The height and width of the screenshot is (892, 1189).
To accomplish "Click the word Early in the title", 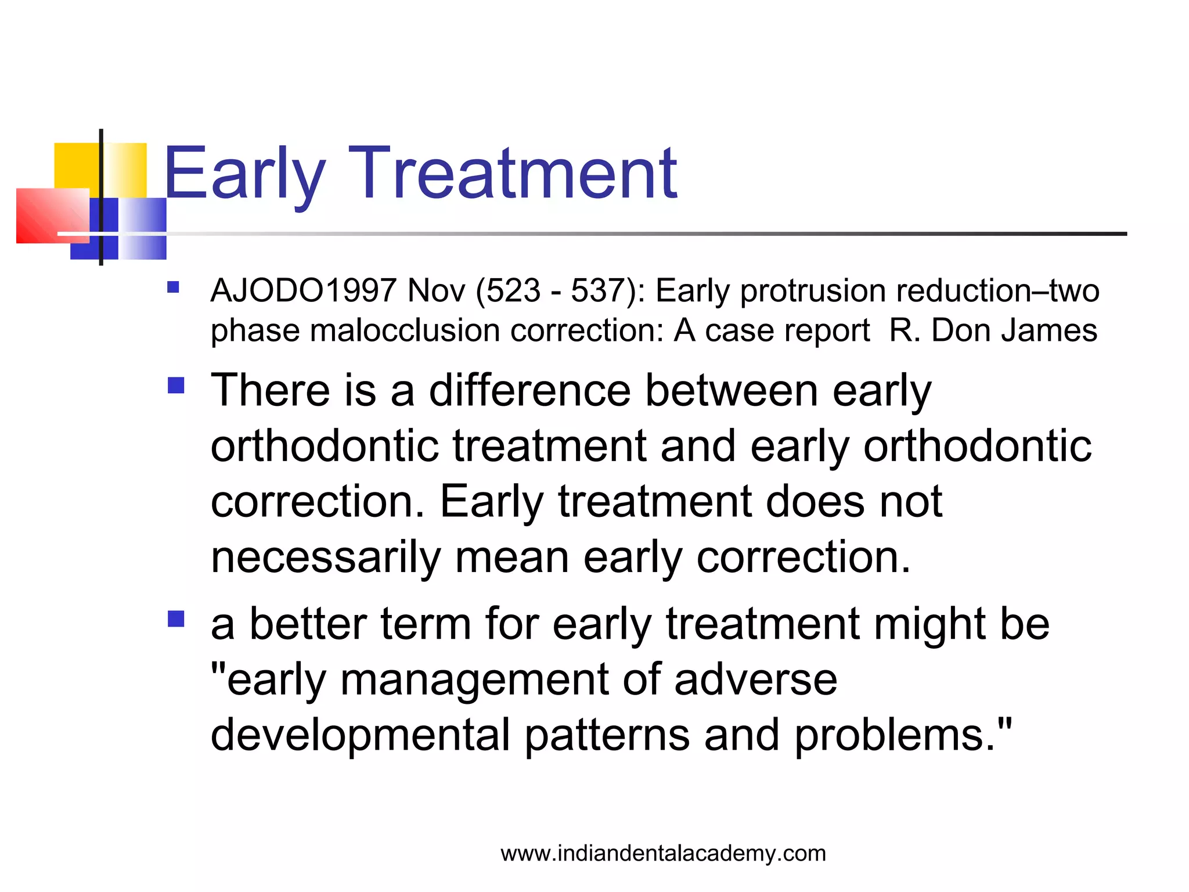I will pos(244,174).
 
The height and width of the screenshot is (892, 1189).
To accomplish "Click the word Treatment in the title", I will pos(513,174).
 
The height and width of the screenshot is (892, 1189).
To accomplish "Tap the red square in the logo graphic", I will pos(49,216).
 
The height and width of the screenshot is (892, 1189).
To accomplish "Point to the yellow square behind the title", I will pos(75,166).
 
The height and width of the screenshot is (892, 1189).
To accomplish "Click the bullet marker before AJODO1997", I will pos(173,287).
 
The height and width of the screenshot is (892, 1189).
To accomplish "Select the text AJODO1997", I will pos(304,290).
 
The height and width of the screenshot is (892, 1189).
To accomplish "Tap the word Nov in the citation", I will pos(436,290).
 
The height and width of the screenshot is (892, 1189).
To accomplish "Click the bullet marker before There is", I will pos(176,386).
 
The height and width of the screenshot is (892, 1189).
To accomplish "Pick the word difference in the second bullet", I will pos(529,390).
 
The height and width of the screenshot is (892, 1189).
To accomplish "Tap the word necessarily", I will pos(326,557).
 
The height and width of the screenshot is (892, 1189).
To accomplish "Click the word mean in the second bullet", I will pos(511,557).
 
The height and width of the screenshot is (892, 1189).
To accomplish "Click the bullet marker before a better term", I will pos(176,619).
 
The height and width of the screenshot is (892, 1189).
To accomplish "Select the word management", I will pos(474,679).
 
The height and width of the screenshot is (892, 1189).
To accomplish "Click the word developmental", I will pos(360,735).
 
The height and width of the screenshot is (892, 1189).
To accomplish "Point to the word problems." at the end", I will pos(903,735).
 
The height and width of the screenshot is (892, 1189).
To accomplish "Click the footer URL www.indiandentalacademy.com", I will pos(663,854).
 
